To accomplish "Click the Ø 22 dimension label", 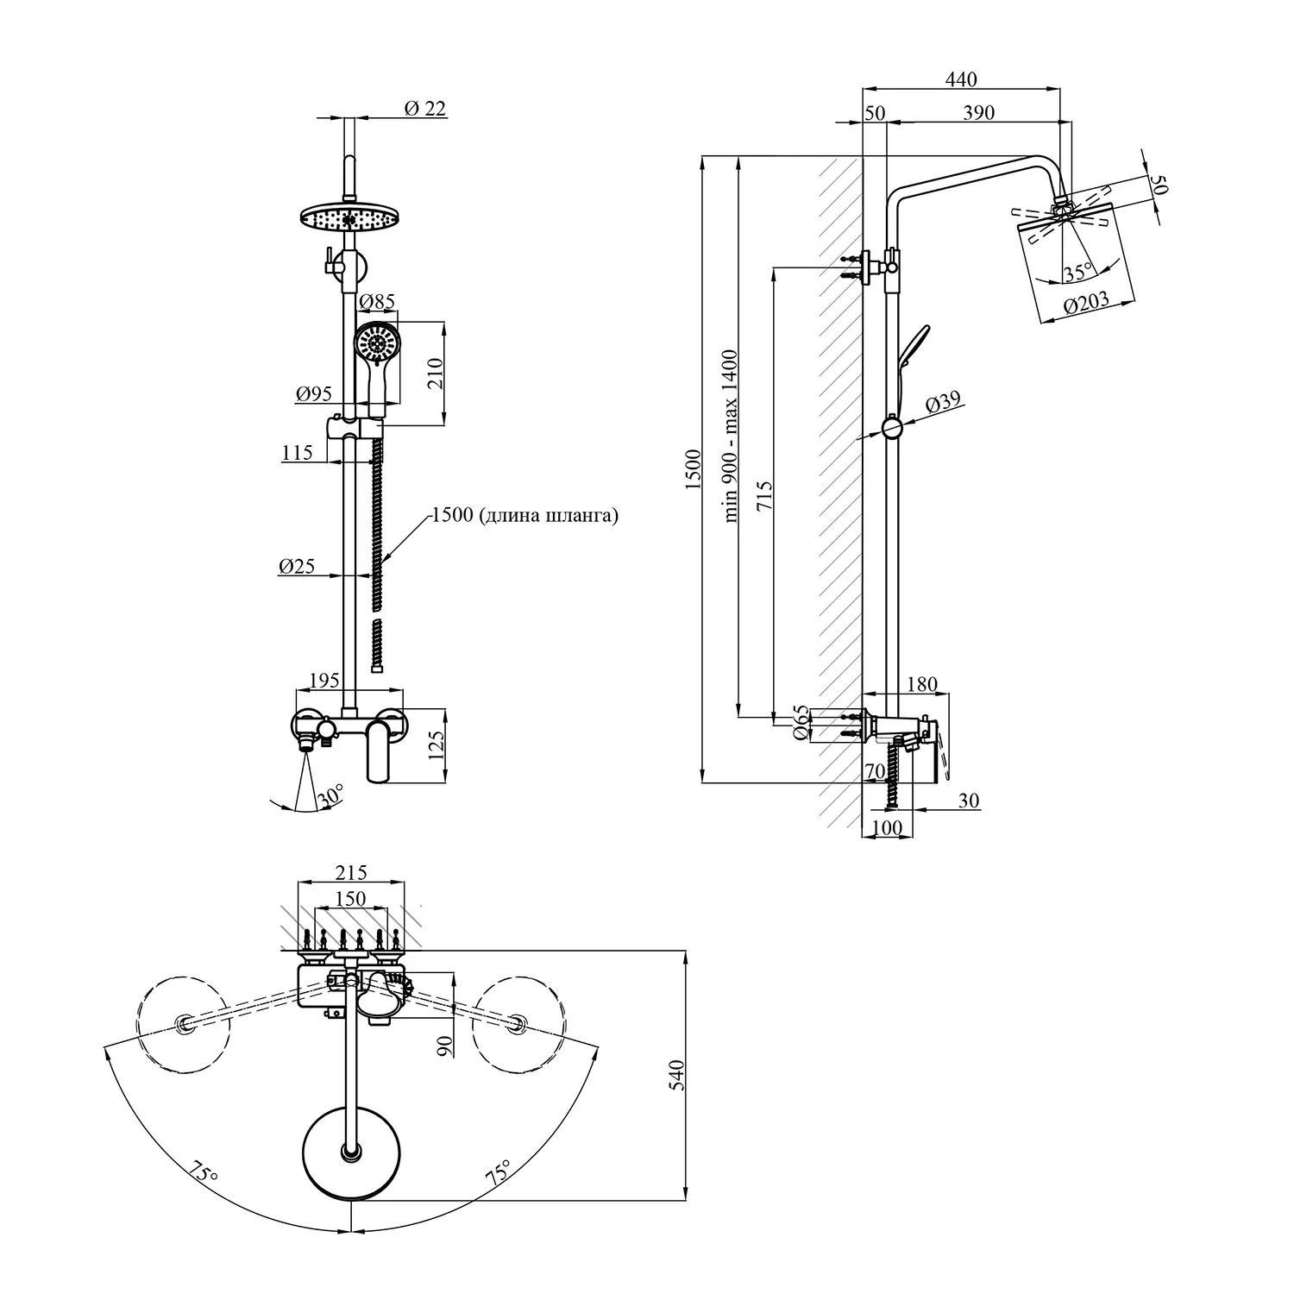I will (424, 109).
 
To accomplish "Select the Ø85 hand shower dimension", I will (376, 302).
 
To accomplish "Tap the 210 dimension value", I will (437, 373).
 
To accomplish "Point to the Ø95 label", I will (314, 394).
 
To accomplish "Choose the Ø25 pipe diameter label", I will (296, 567).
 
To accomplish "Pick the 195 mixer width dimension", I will (323, 682).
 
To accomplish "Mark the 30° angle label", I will (330, 795).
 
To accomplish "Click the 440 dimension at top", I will (961, 79).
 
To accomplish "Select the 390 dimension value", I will (978, 113).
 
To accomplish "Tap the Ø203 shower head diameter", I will (1086, 306).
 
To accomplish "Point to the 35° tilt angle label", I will (1078, 274).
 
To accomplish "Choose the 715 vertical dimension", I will (764, 498).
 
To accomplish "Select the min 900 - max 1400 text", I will (731, 436).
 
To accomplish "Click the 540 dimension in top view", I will (677, 1075).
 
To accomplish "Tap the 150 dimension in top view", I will (349, 899).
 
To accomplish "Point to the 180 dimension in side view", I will (922, 685).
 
